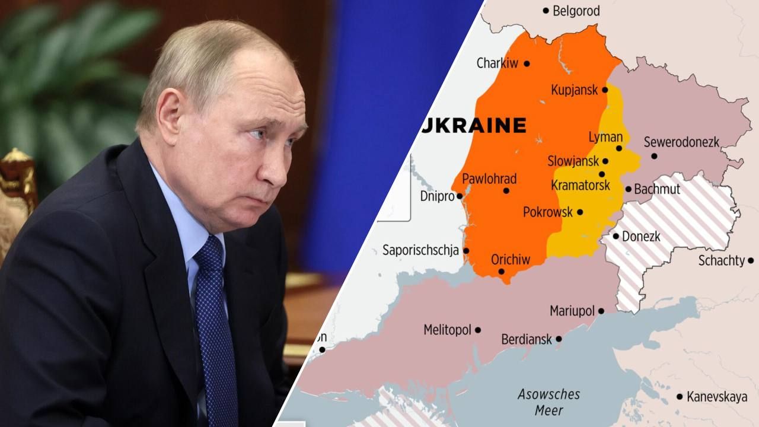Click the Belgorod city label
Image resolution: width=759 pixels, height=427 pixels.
[x=576, y=11]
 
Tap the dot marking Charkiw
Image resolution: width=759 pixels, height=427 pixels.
[x=527, y=63]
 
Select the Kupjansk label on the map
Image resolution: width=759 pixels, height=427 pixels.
[x=575, y=90]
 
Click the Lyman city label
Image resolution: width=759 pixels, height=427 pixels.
[x=605, y=137]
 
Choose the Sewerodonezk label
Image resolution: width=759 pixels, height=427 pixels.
[x=681, y=142]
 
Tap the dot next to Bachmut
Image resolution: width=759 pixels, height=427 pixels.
[x=629, y=190]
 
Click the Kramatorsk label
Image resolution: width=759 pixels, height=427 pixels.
[x=581, y=185]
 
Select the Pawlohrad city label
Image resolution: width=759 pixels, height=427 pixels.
[x=489, y=179]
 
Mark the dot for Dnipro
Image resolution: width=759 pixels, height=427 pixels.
[x=459, y=196]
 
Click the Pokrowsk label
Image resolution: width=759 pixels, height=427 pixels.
[x=548, y=212]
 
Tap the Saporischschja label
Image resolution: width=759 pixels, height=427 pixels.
[x=420, y=250]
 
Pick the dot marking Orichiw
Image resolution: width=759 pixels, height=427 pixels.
[x=501, y=272]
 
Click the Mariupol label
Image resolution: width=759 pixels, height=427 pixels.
[x=572, y=311]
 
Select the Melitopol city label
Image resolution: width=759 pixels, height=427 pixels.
[x=447, y=330]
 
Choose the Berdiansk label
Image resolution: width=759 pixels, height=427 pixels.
[x=527, y=340]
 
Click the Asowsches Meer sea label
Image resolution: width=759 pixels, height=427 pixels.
[x=548, y=401]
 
